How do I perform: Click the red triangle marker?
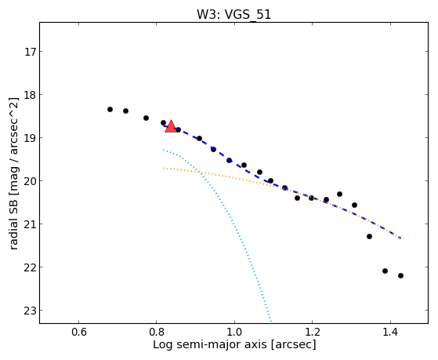pyautogui.click(x=171, y=126)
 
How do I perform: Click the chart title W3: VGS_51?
pyautogui.click(x=233, y=15)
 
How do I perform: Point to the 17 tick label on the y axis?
pyautogui.click(x=30, y=52)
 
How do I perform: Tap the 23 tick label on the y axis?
pyautogui.click(x=30, y=311)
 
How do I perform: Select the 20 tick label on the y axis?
pyautogui.click(x=30, y=181)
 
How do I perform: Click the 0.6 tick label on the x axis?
pyautogui.click(x=79, y=332)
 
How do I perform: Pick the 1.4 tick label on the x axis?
pyautogui.click(x=390, y=332)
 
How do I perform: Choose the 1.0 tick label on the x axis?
pyautogui.click(x=234, y=332)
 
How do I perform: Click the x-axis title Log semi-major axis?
pyautogui.click(x=210, y=344)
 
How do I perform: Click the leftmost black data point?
pyautogui.click(x=110, y=109)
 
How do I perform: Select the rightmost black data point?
pyautogui.click(x=400, y=275)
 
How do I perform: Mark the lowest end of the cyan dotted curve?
pyautogui.click(x=270, y=321)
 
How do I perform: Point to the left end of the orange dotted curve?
pyautogui.click(x=164, y=168)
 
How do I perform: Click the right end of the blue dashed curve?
pyautogui.click(x=400, y=238)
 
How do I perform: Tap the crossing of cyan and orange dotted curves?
pyautogui.click(x=198, y=172)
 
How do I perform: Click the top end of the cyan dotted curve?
pyautogui.click(x=164, y=150)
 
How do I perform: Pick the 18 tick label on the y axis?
pyautogui.click(x=30, y=95)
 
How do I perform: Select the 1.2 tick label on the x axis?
pyautogui.click(x=313, y=332)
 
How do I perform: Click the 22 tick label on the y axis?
pyautogui.click(x=30, y=267)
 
